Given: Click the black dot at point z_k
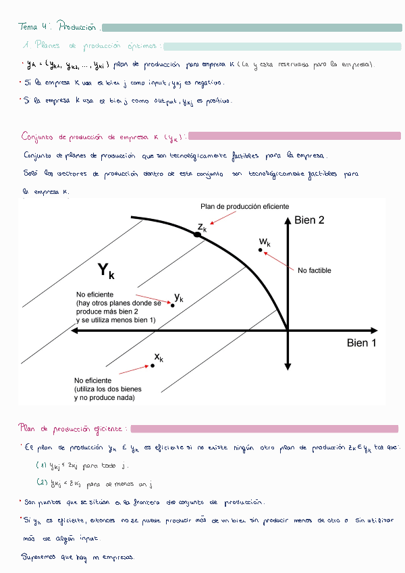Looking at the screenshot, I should pyautogui.click(x=198, y=234).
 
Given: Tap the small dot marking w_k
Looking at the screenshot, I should pyautogui.click(x=260, y=250).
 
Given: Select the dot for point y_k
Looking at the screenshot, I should pyautogui.click(x=173, y=305).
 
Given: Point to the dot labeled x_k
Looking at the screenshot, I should pyautogui.click(x=153, y=366).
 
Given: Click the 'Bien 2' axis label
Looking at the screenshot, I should pyautogui.click(x=310, y=220).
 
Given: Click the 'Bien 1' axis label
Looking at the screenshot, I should pyautogui.click(x=362, y=343).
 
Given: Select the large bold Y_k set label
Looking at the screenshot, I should pyautogui.click(x=106, y=272).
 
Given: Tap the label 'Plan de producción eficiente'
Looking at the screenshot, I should pyautogui.click(x=244, y=205).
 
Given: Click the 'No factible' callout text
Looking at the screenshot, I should pyautogui.click(x=315, y=270).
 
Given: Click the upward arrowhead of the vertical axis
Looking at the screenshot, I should pyautogui.click(x=288, y=221).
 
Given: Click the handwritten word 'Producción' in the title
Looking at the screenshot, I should pyautogui.click(x=78, y=28).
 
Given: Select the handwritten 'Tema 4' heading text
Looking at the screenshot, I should pyautogui.click(x=33, y=28).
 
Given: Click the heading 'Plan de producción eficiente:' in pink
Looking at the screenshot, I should pyautogui.click(x=71, y=428).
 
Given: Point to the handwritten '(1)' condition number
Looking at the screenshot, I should pyautogui.click(x=40, y=465).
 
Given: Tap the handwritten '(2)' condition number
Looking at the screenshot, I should pyautogui.click(x=40, y=482).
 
